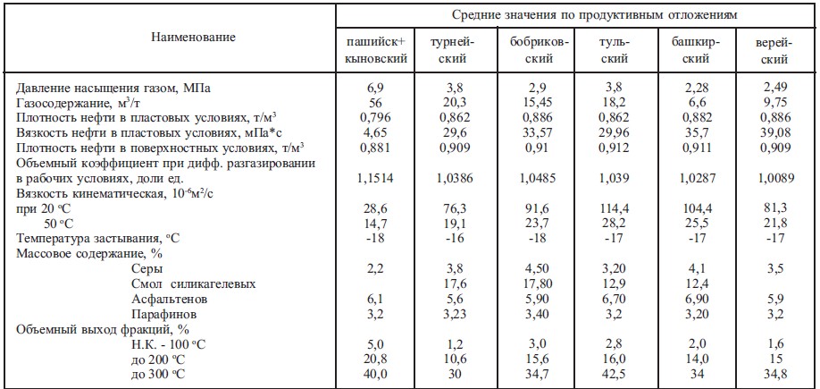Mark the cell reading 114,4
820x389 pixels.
point(615,208)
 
